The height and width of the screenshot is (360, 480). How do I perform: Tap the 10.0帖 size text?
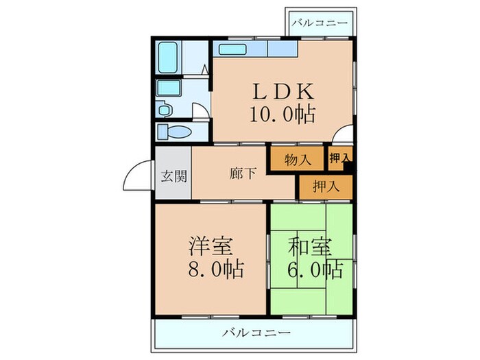point(283,113)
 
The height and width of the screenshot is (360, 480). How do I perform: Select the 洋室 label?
point(211,245)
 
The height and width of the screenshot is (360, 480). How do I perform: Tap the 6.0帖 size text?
point(309,268)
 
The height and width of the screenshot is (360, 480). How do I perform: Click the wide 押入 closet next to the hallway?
point(325,185)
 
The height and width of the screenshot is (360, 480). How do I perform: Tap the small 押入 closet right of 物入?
point(339,158)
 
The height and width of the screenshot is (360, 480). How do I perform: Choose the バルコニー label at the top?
point(319,23)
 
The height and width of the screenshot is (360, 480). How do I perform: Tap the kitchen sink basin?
point(231,49)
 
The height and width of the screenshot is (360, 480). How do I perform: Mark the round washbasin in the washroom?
point(165,108)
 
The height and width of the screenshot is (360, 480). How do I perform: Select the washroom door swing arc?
point(201,112)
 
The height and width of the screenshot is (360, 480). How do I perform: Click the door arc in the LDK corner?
point(346,135)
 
